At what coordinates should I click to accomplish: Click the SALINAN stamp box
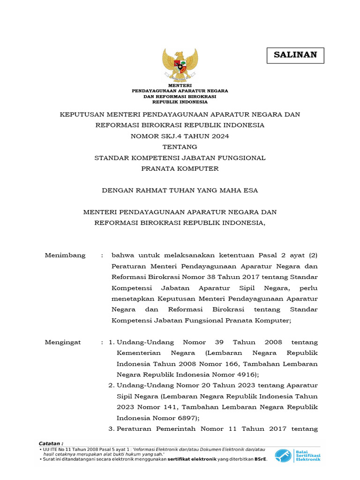tap(295, 55)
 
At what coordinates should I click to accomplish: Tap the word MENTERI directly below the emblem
tap(180, 85)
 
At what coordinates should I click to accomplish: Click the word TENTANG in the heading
tap(180, 147)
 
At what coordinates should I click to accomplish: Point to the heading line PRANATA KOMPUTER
tap(180, 168)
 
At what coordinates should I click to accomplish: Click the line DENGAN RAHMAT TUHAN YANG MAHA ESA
tap(180, 190)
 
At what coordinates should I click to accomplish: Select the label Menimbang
tap(65, 255)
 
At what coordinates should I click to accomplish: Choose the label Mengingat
tap(63, 342)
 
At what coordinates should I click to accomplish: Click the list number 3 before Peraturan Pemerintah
tap(111, 428)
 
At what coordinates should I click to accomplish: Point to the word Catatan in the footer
tap(51, 443)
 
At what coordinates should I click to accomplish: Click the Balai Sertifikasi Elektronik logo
tap(298, 455)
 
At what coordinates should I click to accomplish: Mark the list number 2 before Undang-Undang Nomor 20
tap(111, 385)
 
